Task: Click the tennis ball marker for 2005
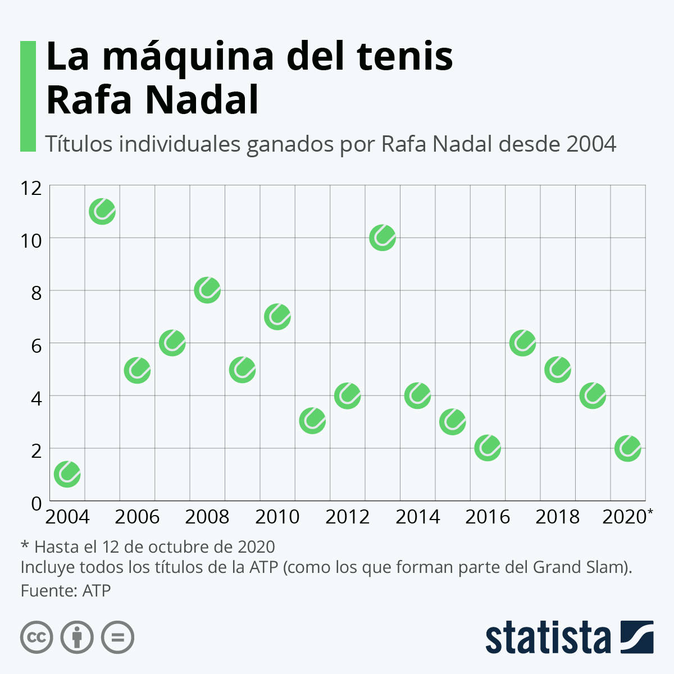click(102, 212)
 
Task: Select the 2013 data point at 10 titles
click(382, 238)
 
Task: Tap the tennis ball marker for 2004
click(67, 474)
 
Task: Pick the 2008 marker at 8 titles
click(207, 290)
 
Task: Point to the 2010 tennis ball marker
click(277, 317)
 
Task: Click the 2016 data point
click(488, 448)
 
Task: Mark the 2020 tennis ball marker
click(628, 448)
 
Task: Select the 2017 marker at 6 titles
click(522, 343)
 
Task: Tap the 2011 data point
click(312, 421)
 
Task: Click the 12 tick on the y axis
click(31, 188)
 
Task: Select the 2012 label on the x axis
click(347, 517)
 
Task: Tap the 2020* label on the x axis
click(627, 517)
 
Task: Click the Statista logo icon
click(637, 637)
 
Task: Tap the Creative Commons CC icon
click(37, 637)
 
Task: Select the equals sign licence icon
click(117, 637)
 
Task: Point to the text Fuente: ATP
click(66, 591)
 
